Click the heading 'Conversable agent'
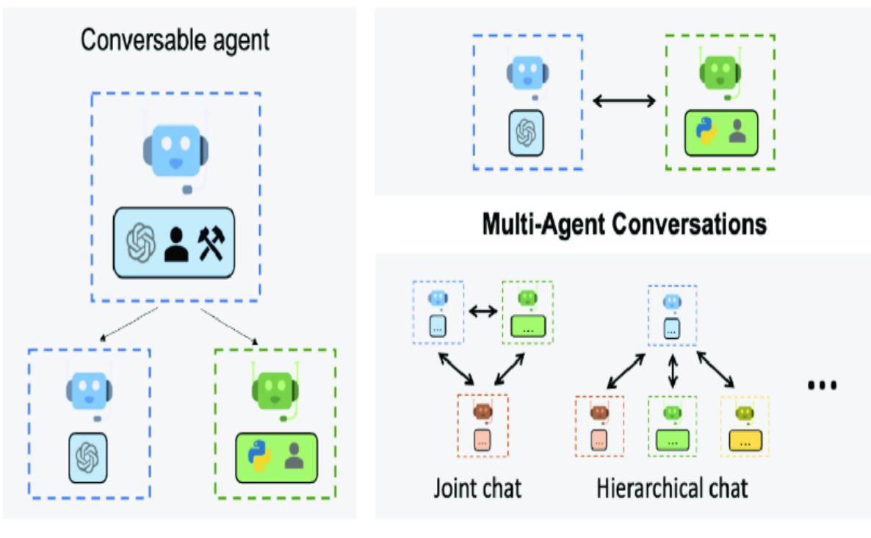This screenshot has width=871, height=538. [x=175, y=40]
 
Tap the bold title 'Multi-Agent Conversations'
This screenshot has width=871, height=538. [x=624, y=224]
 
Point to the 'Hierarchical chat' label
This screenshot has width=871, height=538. [x=672, y=487]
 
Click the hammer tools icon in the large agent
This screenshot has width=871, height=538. [x=214, y=243]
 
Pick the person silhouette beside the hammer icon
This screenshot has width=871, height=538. [x=176, y=243]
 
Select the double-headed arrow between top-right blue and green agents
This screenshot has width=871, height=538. [x=624, y=100]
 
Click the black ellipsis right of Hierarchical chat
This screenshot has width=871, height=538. [x=822, y=385]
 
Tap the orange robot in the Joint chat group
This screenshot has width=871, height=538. [x=482, y=414]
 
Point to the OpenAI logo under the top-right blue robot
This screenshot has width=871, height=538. [x=525, y=132]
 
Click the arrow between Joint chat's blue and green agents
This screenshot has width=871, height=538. [x=483, y=312]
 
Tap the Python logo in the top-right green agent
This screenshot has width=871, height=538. [x=706, y=132]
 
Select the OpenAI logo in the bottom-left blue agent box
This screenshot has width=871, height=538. [x=88, y=457]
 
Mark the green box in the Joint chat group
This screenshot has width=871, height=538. [x=527, y=326]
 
